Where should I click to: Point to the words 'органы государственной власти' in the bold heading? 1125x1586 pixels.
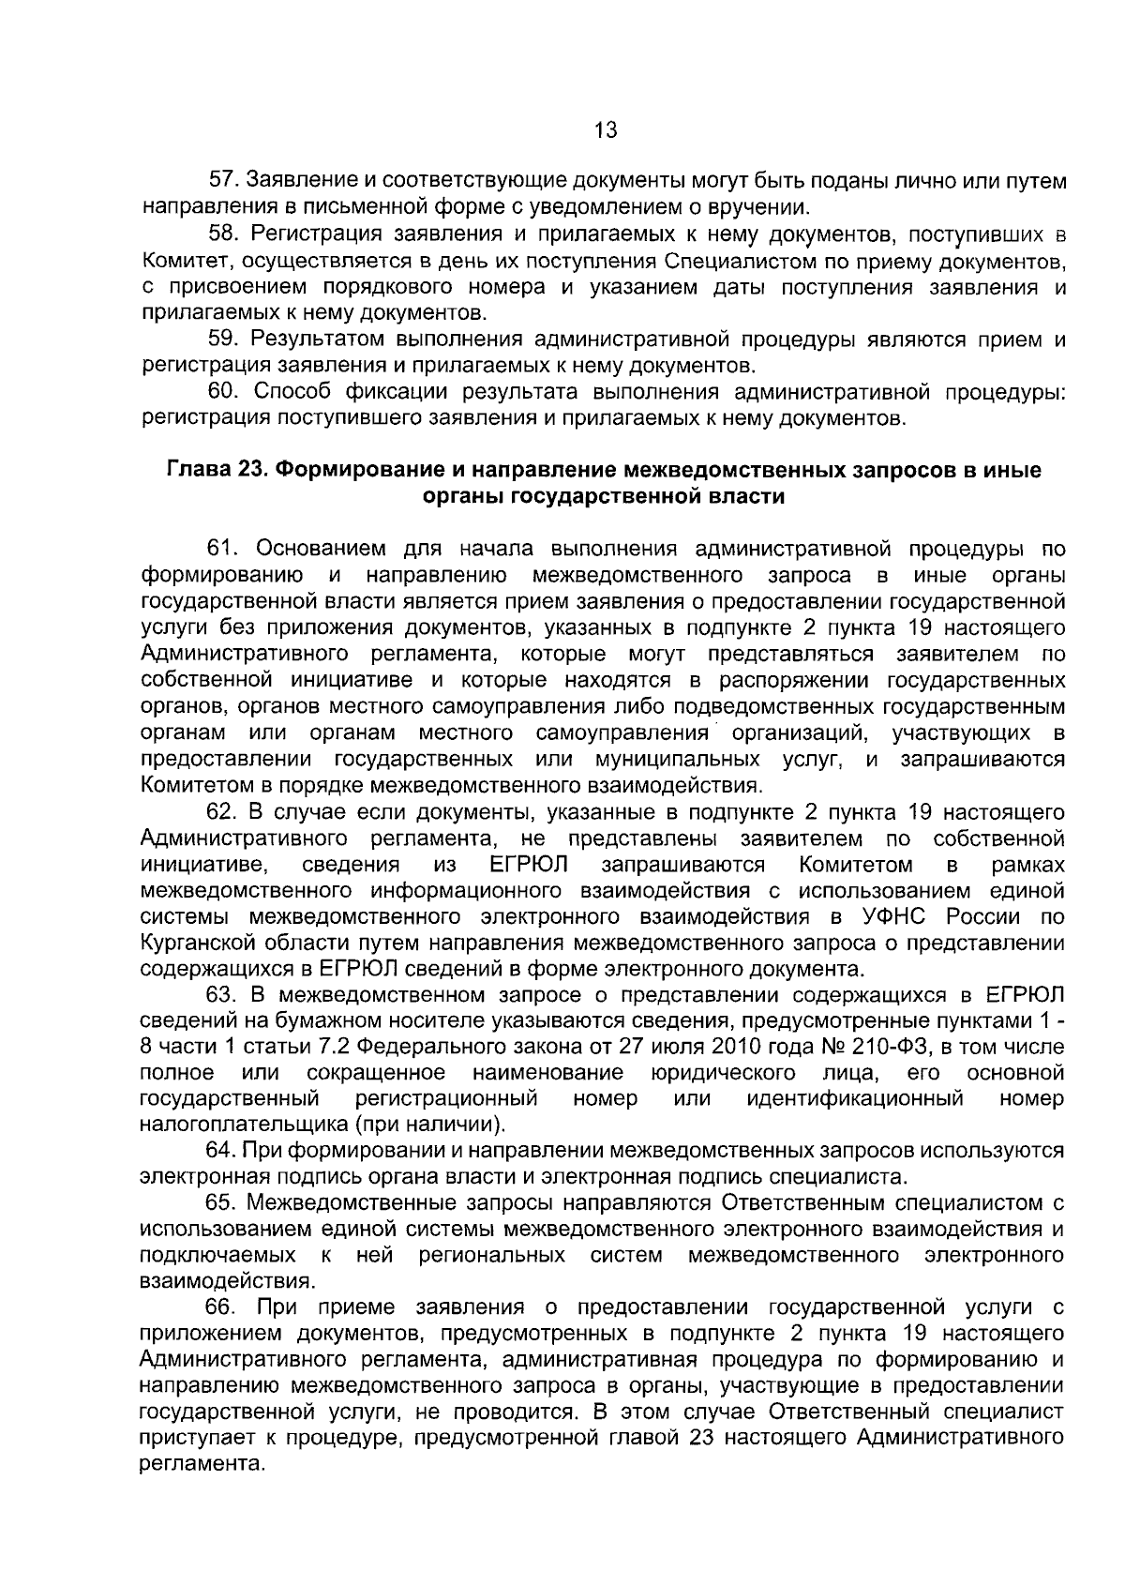(604, 496)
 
